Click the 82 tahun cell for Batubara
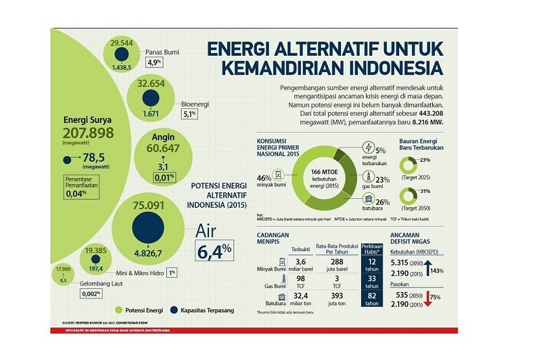371,298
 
